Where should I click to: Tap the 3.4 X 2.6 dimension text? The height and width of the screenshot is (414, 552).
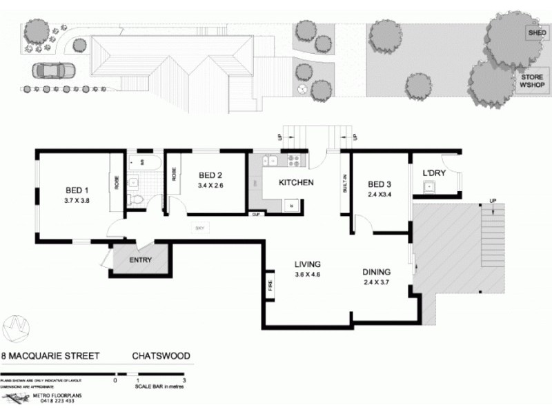pos(210,186)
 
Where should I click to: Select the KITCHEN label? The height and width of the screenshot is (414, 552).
pos(296,183)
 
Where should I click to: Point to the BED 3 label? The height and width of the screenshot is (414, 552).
pos(379,184)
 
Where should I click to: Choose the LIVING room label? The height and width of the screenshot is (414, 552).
pos(308,264)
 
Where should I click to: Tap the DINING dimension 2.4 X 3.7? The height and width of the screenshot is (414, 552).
pos(377,282)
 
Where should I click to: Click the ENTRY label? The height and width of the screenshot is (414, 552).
pos(141,261)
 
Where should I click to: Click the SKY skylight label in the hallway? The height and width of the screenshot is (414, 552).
pos(200,228)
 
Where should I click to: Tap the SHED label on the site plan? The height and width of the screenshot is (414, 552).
pos(537,33)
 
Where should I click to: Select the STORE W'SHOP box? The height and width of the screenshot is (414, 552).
pos(533,82)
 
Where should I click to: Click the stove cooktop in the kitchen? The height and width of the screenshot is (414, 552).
pos(293,162)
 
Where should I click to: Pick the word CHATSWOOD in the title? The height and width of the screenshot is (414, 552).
pos(161,357)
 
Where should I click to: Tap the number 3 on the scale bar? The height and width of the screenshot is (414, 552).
pos(184,380)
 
